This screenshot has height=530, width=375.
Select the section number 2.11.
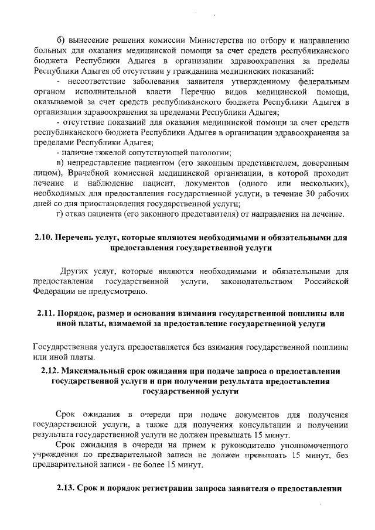pos(44,313)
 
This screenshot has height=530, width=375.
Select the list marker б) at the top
pos(61,40)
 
